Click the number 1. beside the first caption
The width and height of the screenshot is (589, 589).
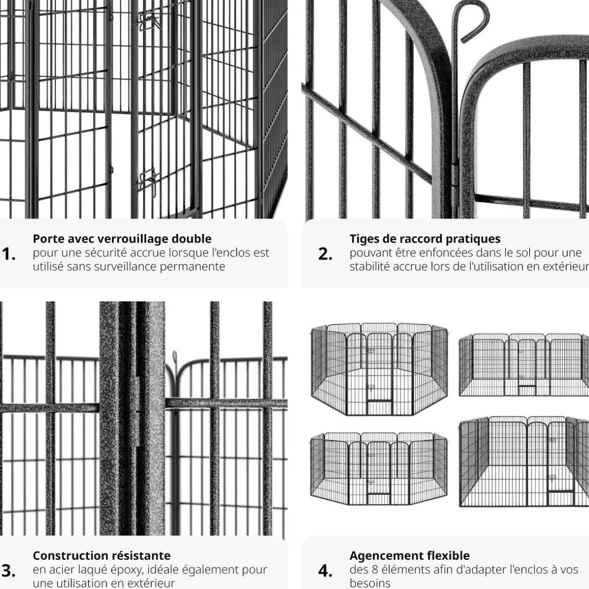click(x=9, y=254)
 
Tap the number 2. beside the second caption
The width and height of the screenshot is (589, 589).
click(x=325, y=254)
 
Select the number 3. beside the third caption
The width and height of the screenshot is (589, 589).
click(x=9, y=571)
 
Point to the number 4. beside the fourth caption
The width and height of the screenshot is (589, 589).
click(x=325, y=571)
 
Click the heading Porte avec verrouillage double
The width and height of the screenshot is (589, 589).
click(x=122, y=239)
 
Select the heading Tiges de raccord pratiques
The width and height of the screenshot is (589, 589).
click(x=425, y=239)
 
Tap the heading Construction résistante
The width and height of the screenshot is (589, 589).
click(x=102, y=555)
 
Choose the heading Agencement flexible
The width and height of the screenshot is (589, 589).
click(x=409, y=555)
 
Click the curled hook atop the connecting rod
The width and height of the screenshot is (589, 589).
click(x=474, y=19)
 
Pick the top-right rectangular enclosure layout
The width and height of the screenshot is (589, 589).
click(x=524, y=365)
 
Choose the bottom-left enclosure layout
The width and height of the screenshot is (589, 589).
click(x=379, y=469)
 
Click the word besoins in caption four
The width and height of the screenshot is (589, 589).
click(x=370, y=583)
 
